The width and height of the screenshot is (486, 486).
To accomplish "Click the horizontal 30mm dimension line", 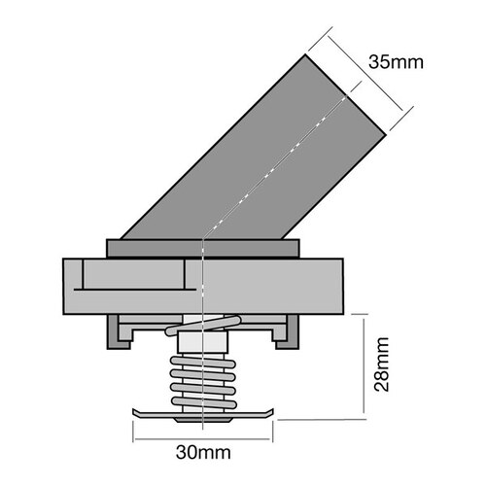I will (203, 434).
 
